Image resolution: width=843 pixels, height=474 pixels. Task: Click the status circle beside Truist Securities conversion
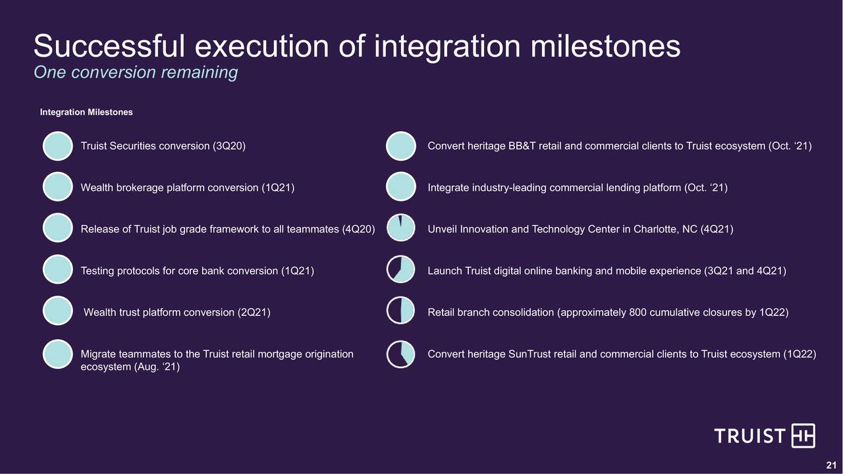click(57, 146)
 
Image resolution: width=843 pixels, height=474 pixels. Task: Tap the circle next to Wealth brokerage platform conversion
click(57, 186)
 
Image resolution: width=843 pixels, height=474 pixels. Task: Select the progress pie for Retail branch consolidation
click(401, 311)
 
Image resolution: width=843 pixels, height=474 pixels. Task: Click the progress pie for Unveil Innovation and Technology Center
click(401, 228)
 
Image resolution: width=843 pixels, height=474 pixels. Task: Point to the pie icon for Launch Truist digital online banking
click(401, 269)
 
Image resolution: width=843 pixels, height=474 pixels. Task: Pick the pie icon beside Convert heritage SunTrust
click(401, 354)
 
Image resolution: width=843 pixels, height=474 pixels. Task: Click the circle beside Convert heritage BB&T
click(401, 146)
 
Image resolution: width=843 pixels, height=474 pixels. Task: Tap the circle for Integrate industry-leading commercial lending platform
click(401, 186)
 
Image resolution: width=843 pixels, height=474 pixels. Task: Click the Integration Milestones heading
click(86, 112)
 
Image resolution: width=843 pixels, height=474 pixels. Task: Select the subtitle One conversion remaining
click(136, 72)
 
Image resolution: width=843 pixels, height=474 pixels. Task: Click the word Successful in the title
click(109, 46)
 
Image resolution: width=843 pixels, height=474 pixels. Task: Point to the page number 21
click(831, 465)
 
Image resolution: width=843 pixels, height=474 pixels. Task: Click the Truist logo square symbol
click(803, 436)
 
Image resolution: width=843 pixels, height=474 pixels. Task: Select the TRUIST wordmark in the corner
click(749, 436)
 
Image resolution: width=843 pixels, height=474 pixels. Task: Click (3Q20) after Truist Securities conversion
click(229, 146)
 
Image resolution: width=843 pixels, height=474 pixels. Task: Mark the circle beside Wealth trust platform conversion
click(57, 311)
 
